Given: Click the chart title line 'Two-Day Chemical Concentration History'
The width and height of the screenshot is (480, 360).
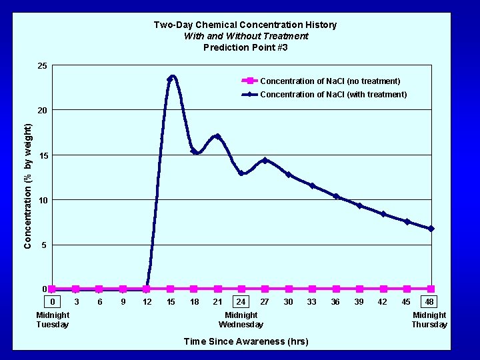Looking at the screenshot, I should coord(245,25).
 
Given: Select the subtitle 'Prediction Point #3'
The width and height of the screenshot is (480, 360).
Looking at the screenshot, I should coord(245,47).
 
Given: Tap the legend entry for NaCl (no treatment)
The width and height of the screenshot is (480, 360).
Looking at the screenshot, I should coord(329,81).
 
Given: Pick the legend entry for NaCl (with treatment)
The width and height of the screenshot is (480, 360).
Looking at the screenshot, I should coord(333,95).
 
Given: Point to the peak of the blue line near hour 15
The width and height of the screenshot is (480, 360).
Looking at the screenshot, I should coord(172,77).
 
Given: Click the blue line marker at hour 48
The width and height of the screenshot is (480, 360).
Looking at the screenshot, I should coord(431,229).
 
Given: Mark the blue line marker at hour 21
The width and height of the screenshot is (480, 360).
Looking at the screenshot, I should coord(217,137).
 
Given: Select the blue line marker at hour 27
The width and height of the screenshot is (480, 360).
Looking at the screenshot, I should coord(265,160).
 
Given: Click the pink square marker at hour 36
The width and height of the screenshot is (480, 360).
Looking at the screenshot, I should coord(336,289).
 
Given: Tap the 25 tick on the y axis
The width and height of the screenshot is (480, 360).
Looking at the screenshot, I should coord(42,66).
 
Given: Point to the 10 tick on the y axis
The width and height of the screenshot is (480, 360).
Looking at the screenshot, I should coord(42,200).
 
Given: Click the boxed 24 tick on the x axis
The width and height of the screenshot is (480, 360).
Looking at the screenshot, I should coord(241,302).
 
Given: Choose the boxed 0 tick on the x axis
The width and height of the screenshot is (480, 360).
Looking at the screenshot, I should coord(53,302).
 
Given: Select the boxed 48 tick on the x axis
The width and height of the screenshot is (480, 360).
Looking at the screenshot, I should coord(430,302).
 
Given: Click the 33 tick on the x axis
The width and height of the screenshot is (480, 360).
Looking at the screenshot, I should coord(312,302).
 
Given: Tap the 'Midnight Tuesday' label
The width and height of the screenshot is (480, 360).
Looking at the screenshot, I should coord(53,320).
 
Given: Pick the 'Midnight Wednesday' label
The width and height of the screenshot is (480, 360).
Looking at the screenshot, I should coord(241,320).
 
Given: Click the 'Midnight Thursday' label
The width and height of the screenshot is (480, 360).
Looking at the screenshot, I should coord(429,320).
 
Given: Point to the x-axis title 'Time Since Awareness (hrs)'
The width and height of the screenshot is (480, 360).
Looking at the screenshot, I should coord(245,341).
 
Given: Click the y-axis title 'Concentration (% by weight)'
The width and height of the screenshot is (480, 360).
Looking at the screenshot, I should coord(27,186).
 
